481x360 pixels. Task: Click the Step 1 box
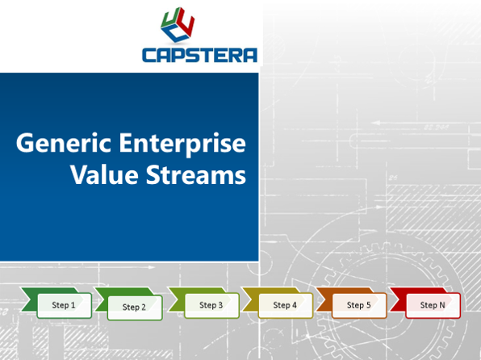[x=64, y=305]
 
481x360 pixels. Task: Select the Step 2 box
[x=135, y=308]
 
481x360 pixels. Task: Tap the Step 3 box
[x=211, y=305]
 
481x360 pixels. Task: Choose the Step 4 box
[x=286, y=305]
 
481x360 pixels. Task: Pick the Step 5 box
[x=359, y=305]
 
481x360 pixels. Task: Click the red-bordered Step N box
[x=433, y=305]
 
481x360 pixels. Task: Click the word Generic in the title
[x=64, y=144]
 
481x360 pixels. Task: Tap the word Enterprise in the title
[x=182, y=144]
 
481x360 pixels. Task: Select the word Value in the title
[x=105, y=174]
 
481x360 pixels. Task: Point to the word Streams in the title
[x=196, y=174]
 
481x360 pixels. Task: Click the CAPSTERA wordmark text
[x=199, y=55]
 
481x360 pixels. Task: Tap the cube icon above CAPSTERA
[x=178, y=24]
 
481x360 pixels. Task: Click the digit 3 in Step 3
[x=220, y=305]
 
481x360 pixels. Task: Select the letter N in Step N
[x=441, y=305]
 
